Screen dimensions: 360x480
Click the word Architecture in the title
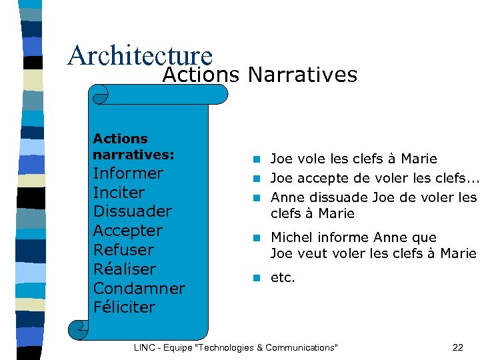(x=139, y=56)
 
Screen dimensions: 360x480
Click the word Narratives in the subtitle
(x=302, y=75)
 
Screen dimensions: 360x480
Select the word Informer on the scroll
(x=128, y=173)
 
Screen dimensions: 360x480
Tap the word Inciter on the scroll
(x=119, y=193)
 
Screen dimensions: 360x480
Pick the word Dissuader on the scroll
(x=132, y=211)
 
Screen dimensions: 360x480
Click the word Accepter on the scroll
(x=127, y=231)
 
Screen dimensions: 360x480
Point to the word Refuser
(x=123, y=250)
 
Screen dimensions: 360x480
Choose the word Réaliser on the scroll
(x=124, y=269)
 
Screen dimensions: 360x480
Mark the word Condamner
(x=139, y=289)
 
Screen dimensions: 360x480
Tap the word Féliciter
(x=124, y=307)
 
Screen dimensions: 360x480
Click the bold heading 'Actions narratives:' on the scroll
(x=133, y=147)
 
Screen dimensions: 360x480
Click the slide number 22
(x=457, y=347)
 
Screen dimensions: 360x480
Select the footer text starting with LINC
(x=236, y=347)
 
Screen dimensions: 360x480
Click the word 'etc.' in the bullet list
(x=283, y=277)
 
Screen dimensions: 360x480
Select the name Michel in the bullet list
(x=292, y=237)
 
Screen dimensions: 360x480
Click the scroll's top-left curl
(x=100, y=95)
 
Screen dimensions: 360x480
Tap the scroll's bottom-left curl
(x=78, y=328)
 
